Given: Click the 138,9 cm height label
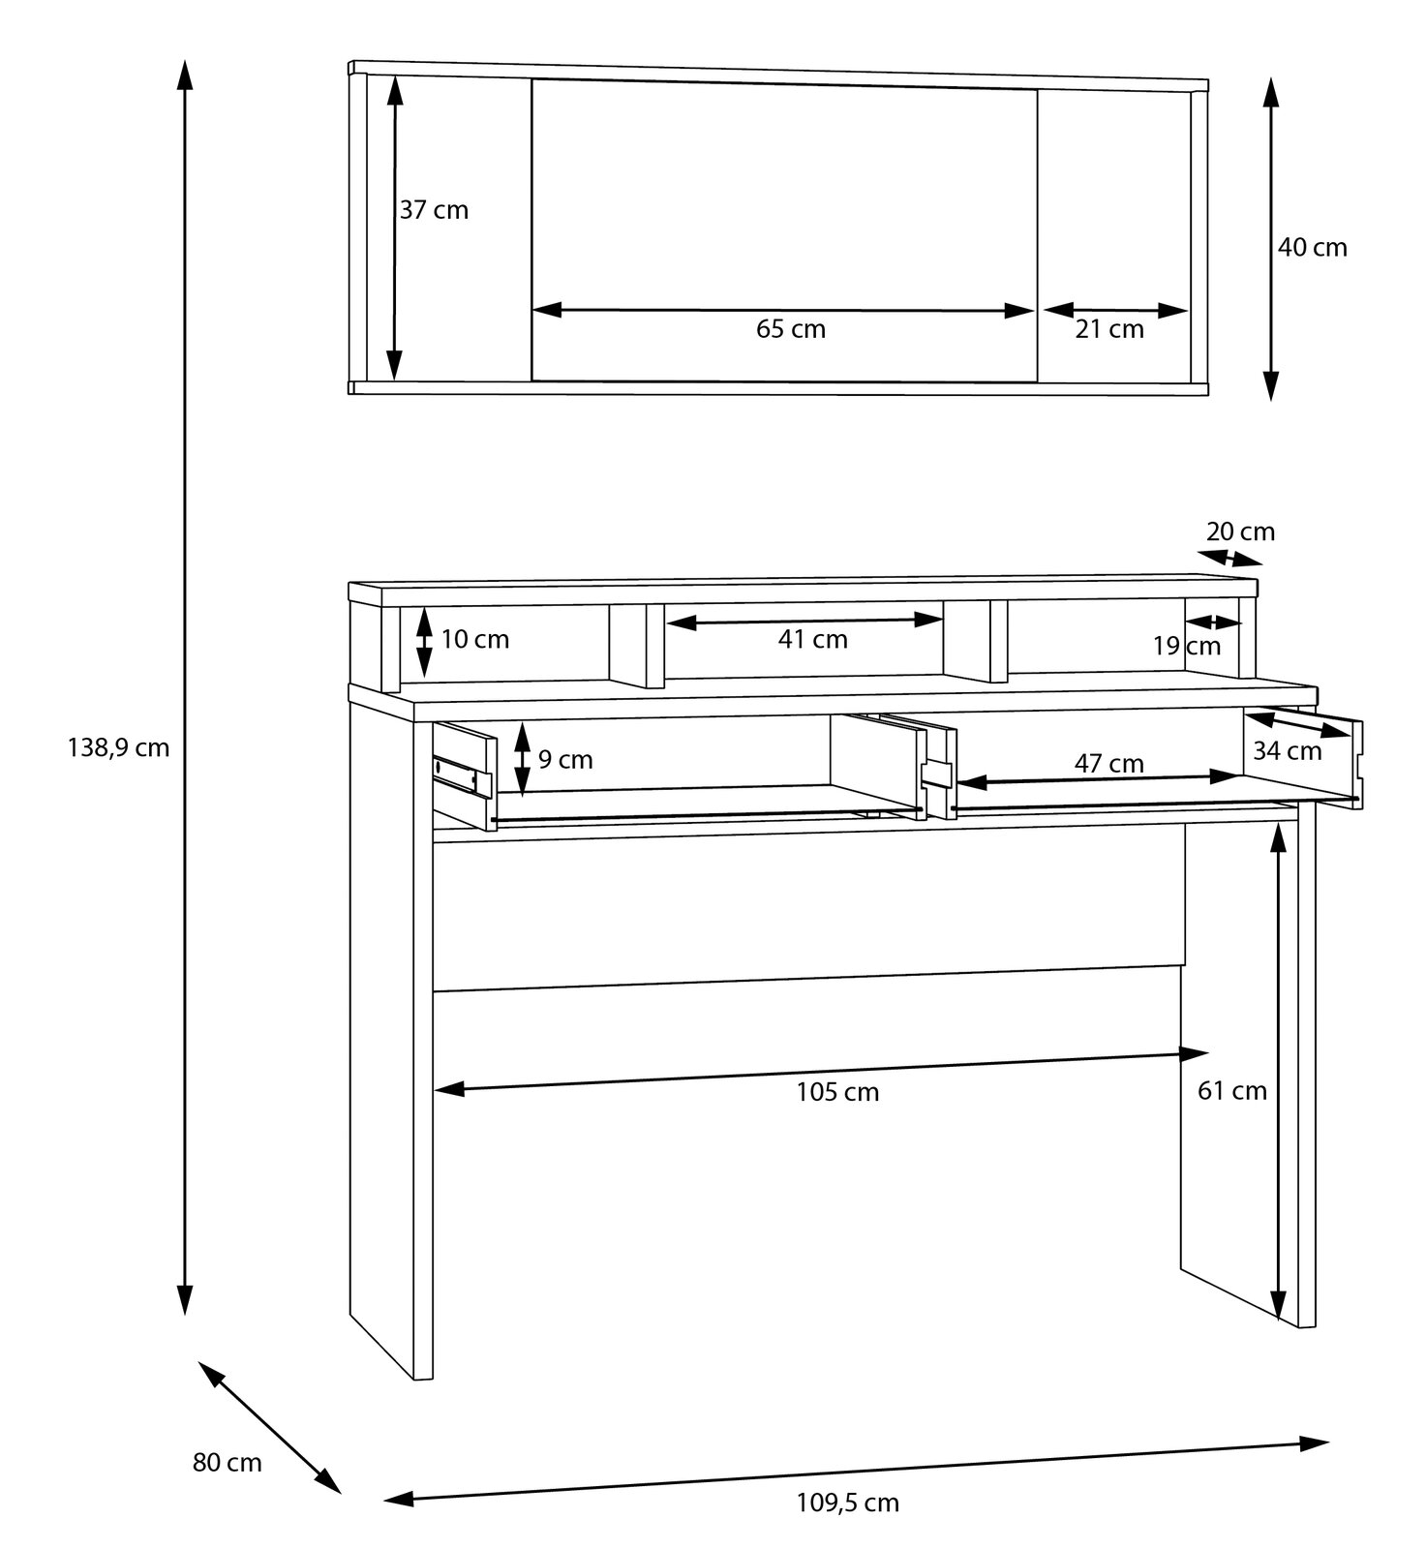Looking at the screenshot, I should pos(118,747).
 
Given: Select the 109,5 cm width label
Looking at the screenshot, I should pos(847,1503).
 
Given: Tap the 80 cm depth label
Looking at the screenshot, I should pos(227,1463).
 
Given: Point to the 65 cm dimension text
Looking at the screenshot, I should pos(790,329).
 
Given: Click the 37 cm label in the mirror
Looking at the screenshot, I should pos(434,210).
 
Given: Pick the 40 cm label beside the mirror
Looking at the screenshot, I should pos(1312,248).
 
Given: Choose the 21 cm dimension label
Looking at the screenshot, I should pos(1109,329).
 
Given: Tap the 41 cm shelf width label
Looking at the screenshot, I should pos(812,639).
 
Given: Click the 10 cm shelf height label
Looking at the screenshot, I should pos(474,639).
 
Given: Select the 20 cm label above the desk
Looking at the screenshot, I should pos(1240,532).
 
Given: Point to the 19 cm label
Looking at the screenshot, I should pos(1186,646).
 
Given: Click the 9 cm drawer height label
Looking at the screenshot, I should pos(565,760).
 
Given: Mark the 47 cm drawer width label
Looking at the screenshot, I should pos(1108,764).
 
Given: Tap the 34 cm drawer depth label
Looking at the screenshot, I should pos(1287,750).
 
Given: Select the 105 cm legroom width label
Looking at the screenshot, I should pos(837,1092).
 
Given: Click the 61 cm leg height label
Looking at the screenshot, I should pos(1231,1091).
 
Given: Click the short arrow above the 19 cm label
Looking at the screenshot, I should pos(1213,622).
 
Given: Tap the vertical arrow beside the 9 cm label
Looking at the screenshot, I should pos(522,759).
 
